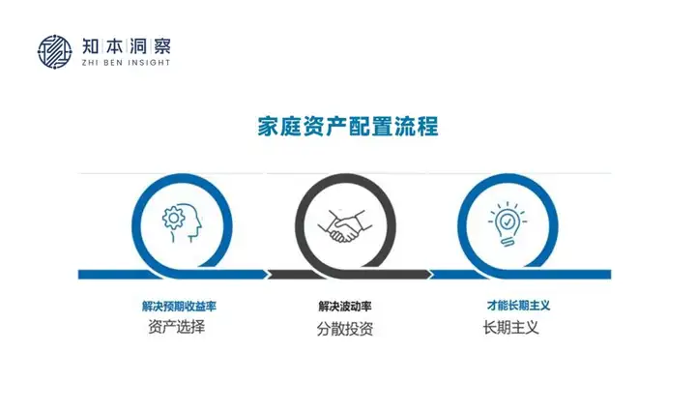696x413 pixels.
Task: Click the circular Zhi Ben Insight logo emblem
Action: click(54, 52)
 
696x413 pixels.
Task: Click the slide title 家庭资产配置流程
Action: click(348, 126)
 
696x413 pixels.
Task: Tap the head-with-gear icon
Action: click(182, 222)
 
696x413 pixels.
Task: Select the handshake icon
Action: click(345, 226)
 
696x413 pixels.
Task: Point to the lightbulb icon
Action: click(507, 223)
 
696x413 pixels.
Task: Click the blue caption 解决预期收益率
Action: click(179, 306)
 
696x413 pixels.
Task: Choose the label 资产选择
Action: click(177, 327)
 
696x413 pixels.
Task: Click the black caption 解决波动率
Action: click(345, 306)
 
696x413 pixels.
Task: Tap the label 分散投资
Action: click(345, 329)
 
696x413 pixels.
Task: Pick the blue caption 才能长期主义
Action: click(518, 306)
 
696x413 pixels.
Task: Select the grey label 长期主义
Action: click(511, 328)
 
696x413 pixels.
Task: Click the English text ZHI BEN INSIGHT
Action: click(126, 63)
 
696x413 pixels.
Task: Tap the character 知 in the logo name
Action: click(91, 46)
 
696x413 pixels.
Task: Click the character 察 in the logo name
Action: click(161, 46)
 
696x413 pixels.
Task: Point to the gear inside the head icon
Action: click(173, 218)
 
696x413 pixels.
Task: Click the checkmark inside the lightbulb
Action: click(507, 221)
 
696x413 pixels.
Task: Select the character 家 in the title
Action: click(268, 126)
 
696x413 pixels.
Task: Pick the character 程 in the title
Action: click(428, 126)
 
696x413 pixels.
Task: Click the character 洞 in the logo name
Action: click(138, 46)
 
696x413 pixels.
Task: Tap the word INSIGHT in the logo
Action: click(149, 63)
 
